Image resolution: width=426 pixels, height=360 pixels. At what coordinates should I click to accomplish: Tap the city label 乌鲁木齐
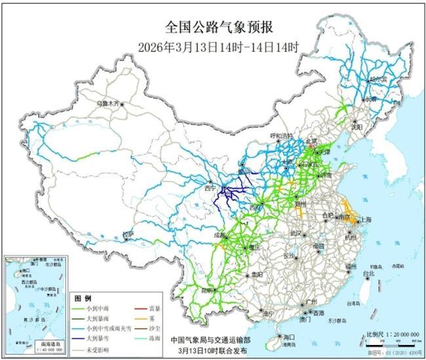pos(109,103)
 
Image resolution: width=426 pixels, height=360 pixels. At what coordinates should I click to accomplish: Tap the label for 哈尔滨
pos(378,78)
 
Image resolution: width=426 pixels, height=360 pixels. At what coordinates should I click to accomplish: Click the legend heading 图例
pos(81,297)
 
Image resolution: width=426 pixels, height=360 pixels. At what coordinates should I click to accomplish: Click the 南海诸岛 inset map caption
pos(25,343)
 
